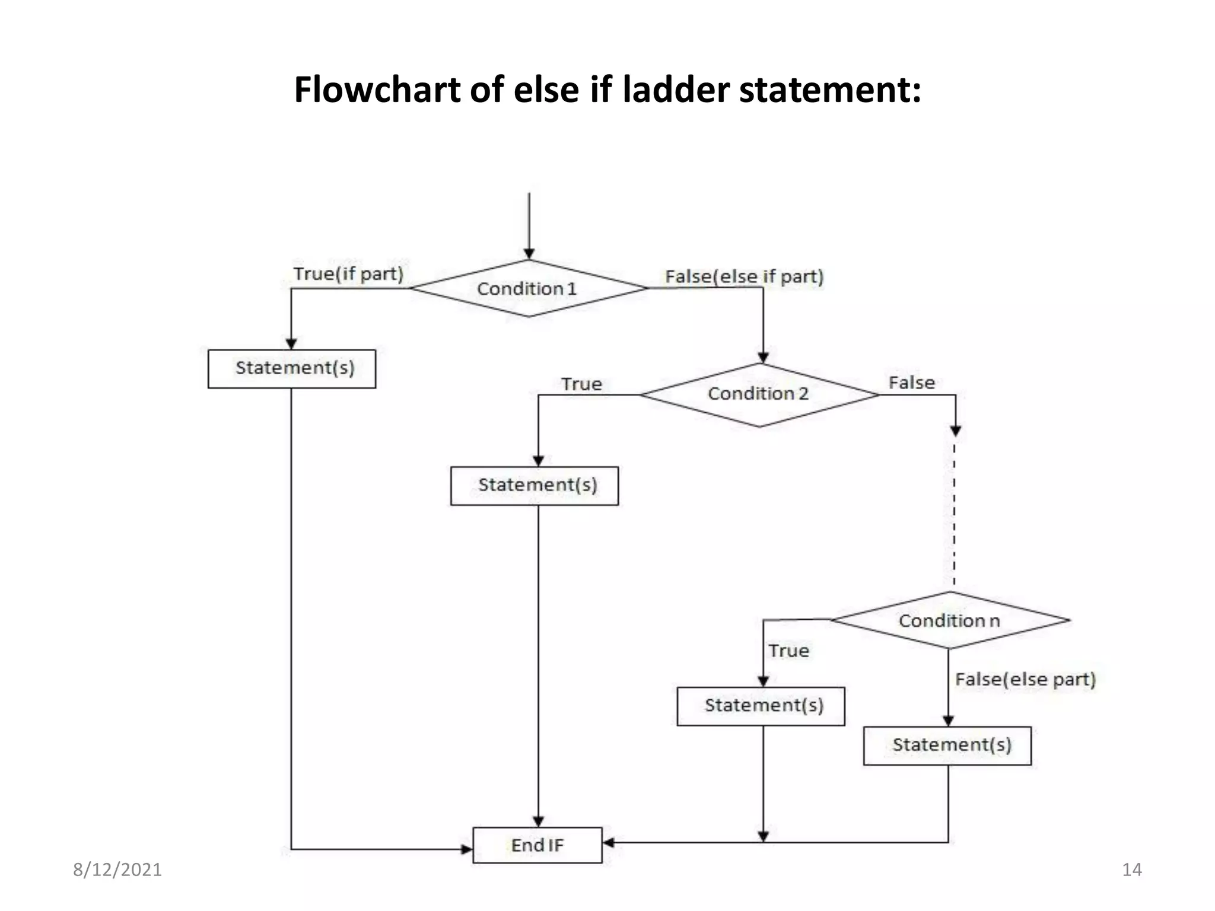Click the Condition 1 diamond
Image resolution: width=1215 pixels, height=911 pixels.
[528, 288]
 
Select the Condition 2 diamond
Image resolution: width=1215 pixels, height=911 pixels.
[759, 394]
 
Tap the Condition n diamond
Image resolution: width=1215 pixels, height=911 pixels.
[949, 620]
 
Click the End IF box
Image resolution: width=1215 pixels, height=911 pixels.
[537, 845]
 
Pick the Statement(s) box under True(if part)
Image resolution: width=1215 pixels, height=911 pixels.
[292, 368]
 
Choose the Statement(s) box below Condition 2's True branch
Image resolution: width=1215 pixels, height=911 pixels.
[535, 485]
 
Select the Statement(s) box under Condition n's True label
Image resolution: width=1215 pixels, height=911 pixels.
[761, 706]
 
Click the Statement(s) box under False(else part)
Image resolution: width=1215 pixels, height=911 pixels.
[947, 745]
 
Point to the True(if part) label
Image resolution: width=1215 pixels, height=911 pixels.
[348, 274]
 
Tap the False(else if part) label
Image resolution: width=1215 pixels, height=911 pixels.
[744, 276]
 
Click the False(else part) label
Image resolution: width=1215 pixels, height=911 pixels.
[1025, 679]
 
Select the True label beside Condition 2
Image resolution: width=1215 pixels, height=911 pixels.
[581, 384]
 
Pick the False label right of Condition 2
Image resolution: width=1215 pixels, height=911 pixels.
[911, 383]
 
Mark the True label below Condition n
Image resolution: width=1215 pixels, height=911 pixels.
[788, 651]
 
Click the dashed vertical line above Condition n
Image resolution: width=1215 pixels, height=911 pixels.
[954, 510]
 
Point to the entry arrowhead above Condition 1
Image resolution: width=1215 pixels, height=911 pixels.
[529, 254]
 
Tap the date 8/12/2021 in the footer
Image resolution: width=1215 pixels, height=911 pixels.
[117, 869]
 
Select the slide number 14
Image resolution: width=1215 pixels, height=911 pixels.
[1132, 869]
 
